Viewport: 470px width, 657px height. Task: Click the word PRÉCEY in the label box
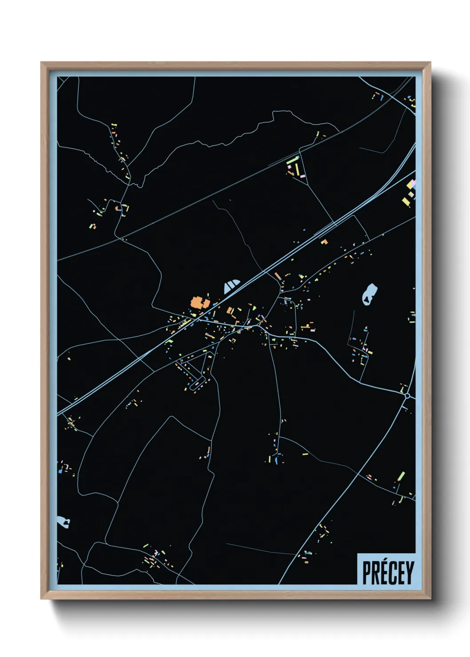tap(388, 573)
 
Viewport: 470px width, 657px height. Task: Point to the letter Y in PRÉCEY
tap(409, 573)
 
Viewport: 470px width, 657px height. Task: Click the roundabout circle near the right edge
tap(407, 395)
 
